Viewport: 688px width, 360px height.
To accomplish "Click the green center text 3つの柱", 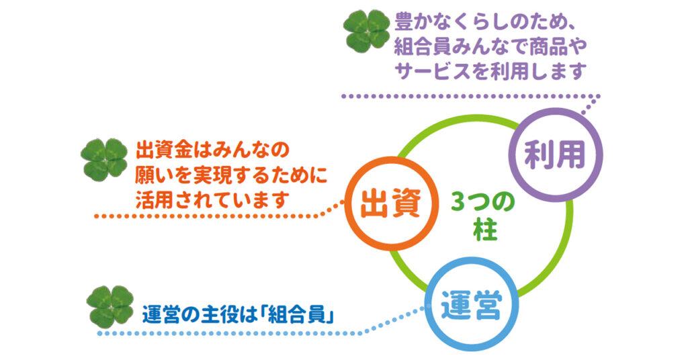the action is click(x=482, y=216).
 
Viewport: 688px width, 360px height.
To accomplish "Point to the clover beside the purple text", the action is click(x=366, y=30).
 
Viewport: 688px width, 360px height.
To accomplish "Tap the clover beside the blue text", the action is click(x=110, y=307).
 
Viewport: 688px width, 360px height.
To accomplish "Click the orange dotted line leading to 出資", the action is click(x=220, y=216).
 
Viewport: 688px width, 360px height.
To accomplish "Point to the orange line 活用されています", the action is click(x=211, y=200).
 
